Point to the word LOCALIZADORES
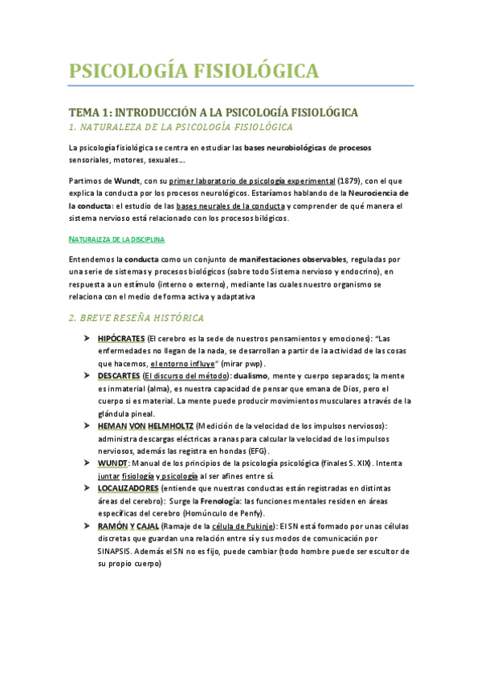tap(128, 488)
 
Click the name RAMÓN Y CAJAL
tap(128, 525)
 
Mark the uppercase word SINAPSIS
tap(119, 551)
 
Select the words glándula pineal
tap(124, 413)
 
